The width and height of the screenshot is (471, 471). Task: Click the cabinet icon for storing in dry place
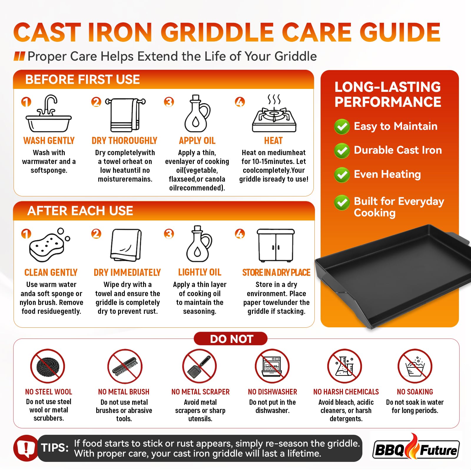coord(276,246)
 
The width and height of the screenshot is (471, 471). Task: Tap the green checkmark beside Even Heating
coord(342,175)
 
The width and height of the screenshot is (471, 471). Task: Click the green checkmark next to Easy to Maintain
coord(342,127)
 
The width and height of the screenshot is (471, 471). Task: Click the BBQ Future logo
coord(416,448)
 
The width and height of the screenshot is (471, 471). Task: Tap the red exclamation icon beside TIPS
coord(26,448)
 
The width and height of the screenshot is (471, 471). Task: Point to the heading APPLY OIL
coord(197,141)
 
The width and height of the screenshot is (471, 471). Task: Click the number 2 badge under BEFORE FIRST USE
coord(96,102)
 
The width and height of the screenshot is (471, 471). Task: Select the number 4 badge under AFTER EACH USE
coord(240,234)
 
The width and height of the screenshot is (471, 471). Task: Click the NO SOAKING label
coord(415,392)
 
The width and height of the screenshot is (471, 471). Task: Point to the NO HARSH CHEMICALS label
coord(346,392)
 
